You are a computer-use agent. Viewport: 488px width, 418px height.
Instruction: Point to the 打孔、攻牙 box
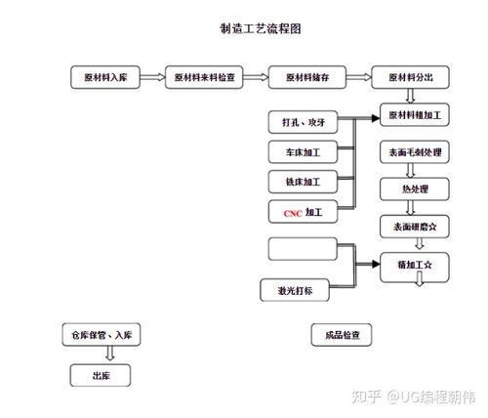click(x=303, y=122)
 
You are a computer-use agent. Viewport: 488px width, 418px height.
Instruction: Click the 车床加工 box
click(x=303, y=152)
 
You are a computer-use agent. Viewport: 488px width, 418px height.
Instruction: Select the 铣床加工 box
click(x=303, y=182)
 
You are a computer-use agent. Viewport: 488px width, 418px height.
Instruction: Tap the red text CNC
click(x=292, y=212)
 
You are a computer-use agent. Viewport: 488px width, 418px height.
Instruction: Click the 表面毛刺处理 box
click(x=415, y=153)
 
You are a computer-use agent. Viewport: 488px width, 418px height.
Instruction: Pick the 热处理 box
click(x=415, y=188)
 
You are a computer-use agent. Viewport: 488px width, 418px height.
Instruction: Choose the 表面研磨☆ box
click(x=415, y=226)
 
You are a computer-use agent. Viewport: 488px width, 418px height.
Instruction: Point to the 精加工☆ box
click(x=415, y=264)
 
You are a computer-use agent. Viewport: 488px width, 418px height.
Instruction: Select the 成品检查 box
click(x=341, y=336)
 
